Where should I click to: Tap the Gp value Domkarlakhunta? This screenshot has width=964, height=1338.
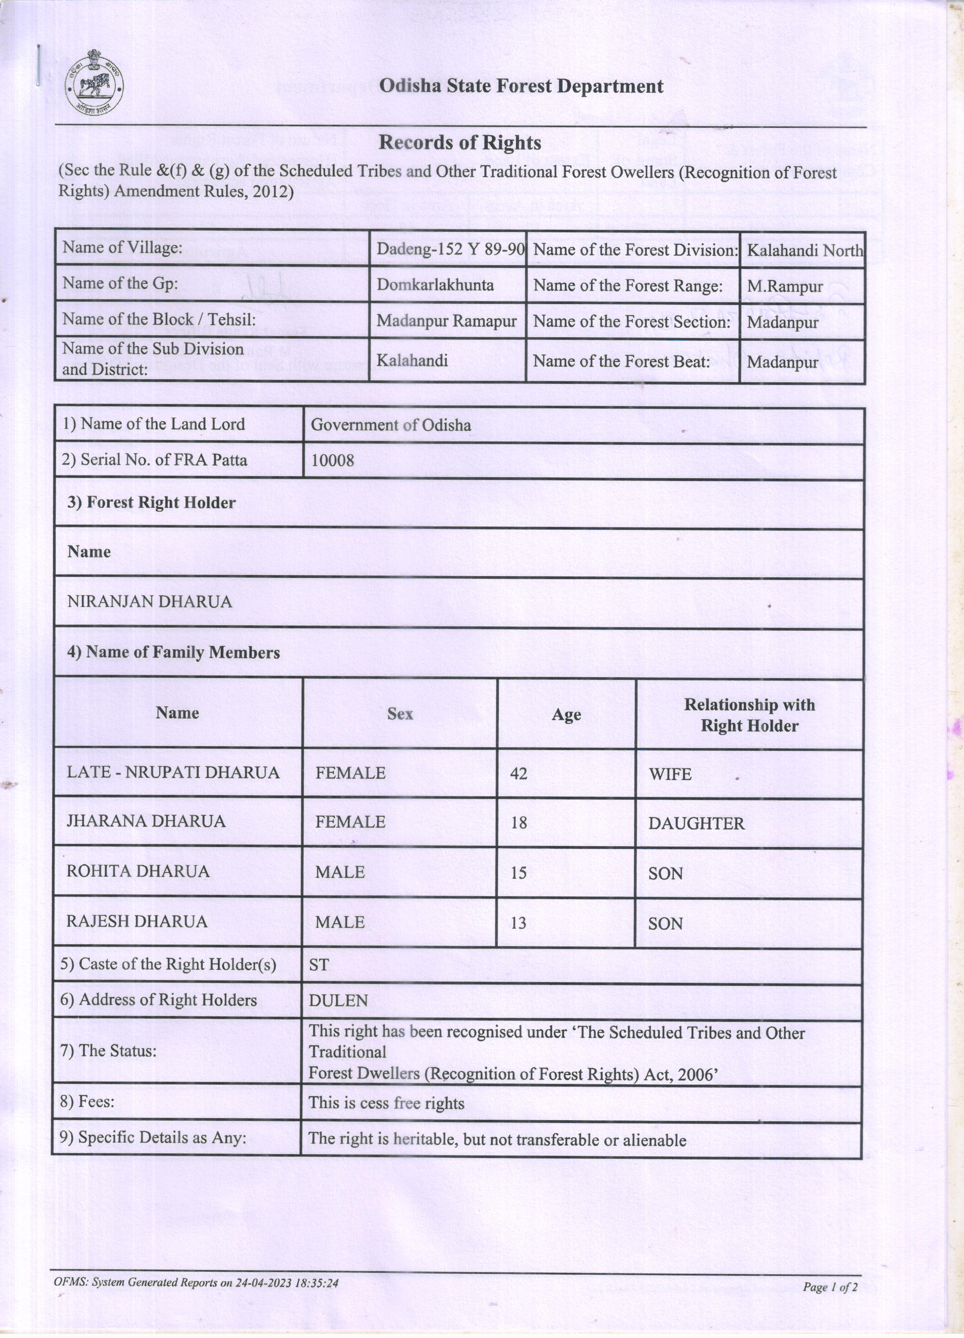[435, 285]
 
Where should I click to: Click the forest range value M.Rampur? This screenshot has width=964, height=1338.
[785, 287]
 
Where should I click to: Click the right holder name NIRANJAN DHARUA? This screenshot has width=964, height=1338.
[150, 602]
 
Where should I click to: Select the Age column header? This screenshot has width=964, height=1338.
[566, 715]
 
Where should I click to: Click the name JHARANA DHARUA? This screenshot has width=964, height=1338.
[146, 821]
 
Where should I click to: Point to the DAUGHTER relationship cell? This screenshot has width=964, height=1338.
[696, 824]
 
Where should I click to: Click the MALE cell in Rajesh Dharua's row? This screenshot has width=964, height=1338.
[340, 922]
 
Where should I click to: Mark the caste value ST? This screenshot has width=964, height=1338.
[319, 965]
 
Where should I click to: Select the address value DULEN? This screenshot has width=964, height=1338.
[339, 1001]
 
